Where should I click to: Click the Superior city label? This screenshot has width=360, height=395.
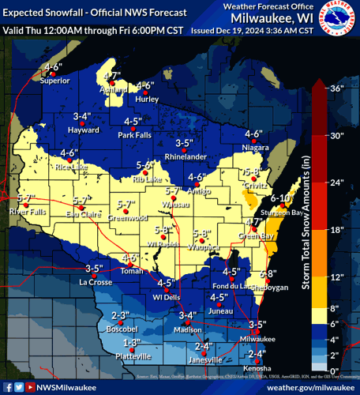pyautogui.click(x=55, y=80)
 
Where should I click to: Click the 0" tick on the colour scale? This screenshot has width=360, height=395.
pyautogui.click(x=335, y=371)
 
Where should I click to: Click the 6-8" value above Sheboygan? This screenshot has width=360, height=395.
pyautogui.click(x=267, y=273)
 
